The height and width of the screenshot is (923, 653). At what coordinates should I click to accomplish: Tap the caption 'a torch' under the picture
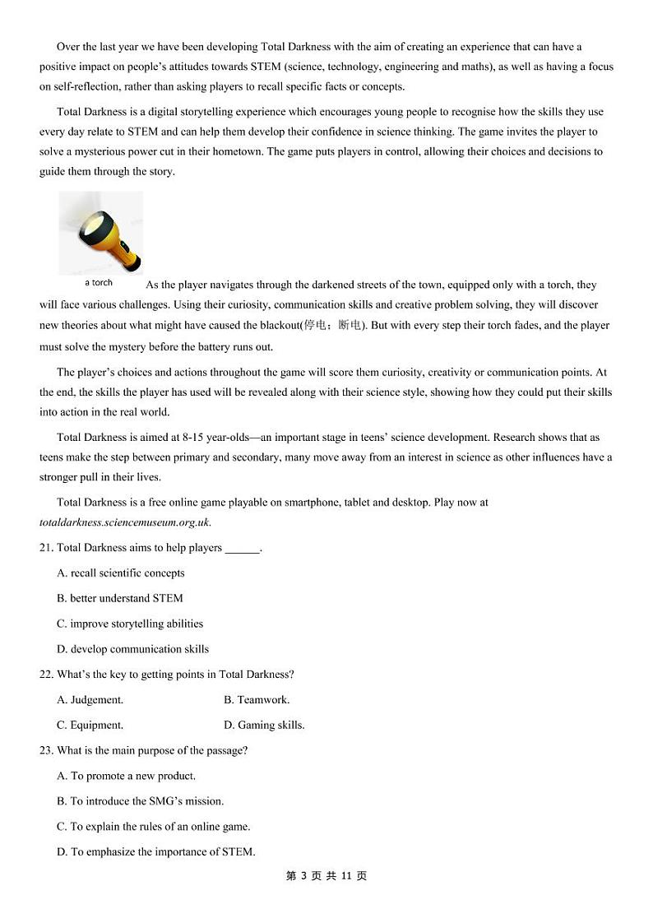[99, 283]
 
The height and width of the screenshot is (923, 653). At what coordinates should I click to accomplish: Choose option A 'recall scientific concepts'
[121, 573]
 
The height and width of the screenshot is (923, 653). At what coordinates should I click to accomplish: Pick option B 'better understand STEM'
[120, 599]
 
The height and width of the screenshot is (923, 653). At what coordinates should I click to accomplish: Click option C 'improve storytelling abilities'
[130, 624]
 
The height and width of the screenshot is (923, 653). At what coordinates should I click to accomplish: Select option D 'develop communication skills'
[132, 649]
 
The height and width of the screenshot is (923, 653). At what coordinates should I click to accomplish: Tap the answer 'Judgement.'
[90, 700]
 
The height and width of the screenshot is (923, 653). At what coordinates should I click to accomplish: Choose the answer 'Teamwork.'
[257, 700]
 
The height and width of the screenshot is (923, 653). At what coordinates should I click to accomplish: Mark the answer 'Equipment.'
[90, 726]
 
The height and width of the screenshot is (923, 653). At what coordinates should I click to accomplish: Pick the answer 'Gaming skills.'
[264, 726]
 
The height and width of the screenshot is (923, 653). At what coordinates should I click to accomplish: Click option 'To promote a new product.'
[127, 776]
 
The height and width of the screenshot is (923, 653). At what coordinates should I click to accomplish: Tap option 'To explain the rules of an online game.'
[154, 827]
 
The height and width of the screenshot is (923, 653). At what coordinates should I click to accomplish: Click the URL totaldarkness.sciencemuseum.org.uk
[125, 522]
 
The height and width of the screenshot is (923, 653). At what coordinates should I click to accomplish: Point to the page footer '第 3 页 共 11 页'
[326, 876]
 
